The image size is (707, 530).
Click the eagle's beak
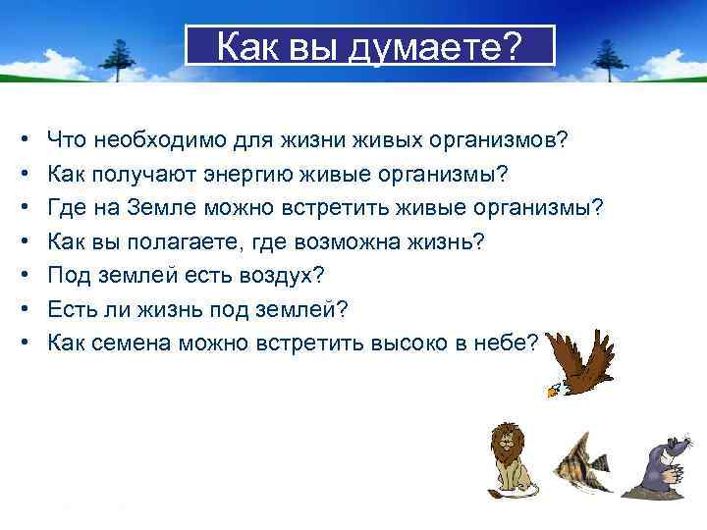[x=552, y=392]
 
